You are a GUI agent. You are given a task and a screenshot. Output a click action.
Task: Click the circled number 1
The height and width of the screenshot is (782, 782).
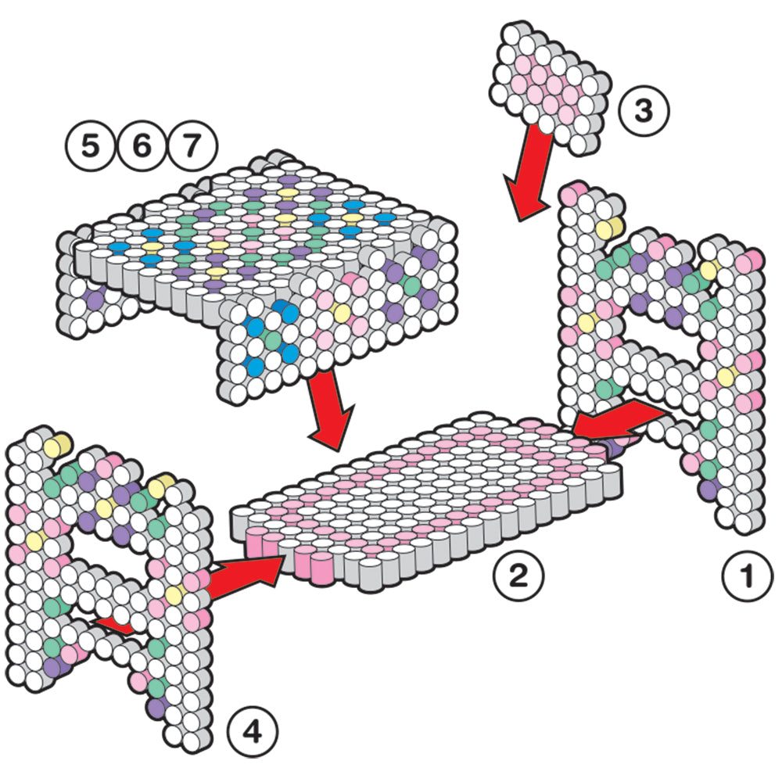pyautogui.click(x=747, y=576)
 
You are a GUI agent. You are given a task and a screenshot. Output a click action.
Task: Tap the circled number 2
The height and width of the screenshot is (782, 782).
pyautogui.click(x=518, y=576)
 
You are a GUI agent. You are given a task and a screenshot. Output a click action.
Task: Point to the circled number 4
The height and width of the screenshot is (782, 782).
pyautogui.click(x=253, y=732)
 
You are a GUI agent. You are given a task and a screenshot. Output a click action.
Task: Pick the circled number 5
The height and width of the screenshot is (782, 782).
pyautogui.click(x=90, y=145)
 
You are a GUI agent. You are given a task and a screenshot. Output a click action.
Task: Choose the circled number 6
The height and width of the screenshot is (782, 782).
pyautogui.click(x=142, y=145)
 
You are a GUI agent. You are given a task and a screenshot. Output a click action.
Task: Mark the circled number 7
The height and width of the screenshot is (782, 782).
pyautogui.click(x=192, y=145)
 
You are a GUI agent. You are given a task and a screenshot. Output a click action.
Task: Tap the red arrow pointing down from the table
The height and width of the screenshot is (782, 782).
pyautogui.click(x=330, y=411)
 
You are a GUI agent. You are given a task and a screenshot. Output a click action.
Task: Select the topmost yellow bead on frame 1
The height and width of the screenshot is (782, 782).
pyautogui.click(x=608, y=228)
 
